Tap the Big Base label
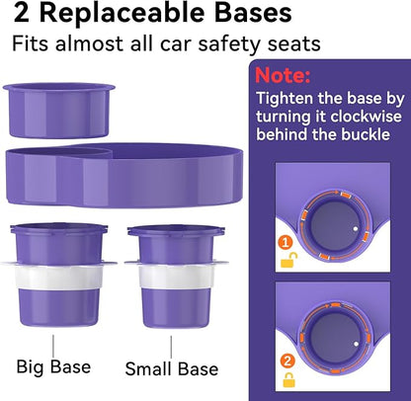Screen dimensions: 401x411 click(x=53, y=366)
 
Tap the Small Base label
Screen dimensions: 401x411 click(x=171, y=368)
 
